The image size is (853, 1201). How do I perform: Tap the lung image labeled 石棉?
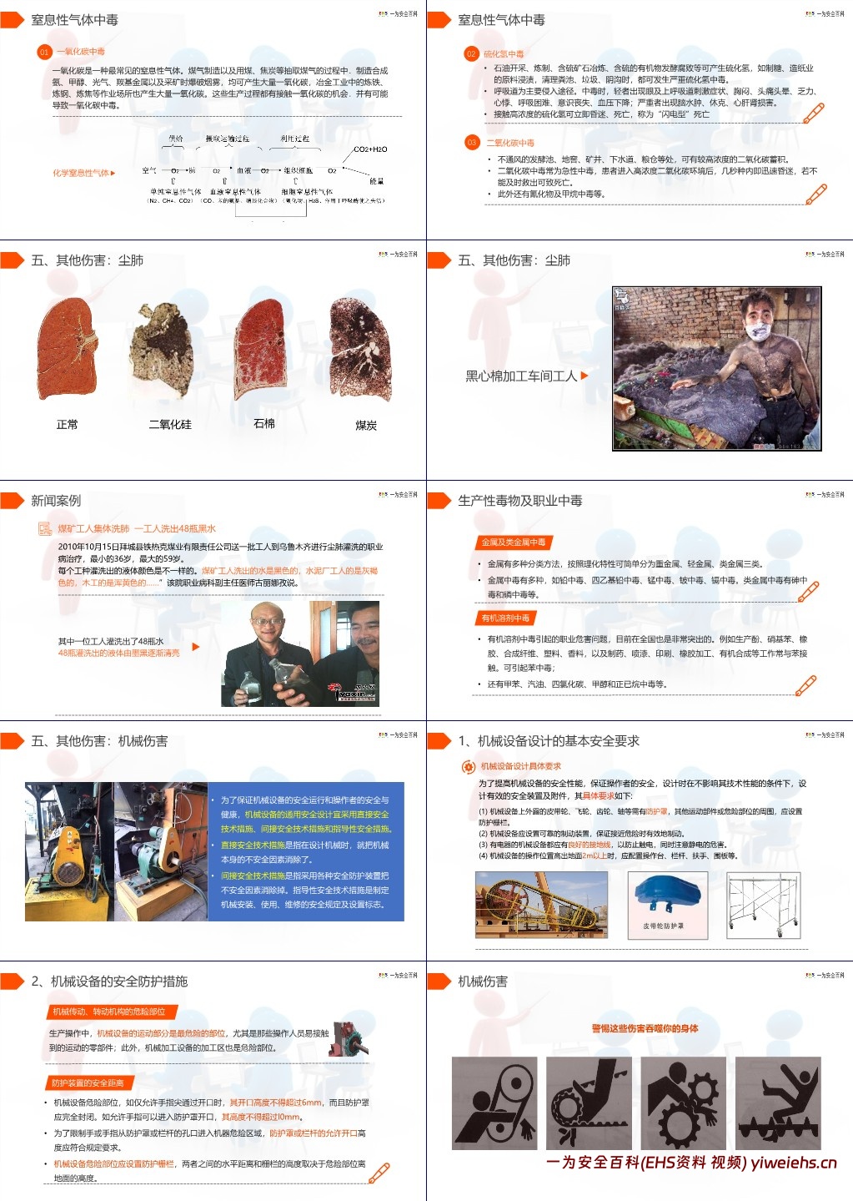click(x=263, y=347)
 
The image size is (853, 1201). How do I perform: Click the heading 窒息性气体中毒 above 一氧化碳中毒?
click(x=74, y=20)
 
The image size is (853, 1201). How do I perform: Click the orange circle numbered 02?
click(x=471, y=53)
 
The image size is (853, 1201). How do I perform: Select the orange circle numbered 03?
click(x=471, y=143)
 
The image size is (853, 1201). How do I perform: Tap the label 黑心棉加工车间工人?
click(x=521, y=376)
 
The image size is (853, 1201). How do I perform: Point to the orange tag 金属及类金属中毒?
click(x=513, y=542)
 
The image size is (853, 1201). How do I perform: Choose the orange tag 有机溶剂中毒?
click(x=505, y=618)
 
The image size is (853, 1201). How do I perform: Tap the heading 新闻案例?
click(x=56, y=501)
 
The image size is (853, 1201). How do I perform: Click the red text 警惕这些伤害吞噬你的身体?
click(x=645, y=1028)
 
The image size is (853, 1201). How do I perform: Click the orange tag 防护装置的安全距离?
click(x=88, y=1082)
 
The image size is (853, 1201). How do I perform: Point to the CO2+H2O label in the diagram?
click(x=370, y=149)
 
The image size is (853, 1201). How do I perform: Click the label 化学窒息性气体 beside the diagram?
click(x=81, y=174)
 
